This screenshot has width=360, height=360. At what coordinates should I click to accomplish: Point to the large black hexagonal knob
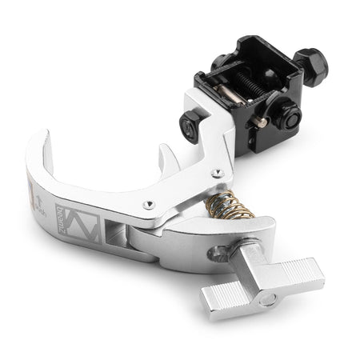coord(310,62)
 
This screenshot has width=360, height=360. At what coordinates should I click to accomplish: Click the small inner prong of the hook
coord(166,155)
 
